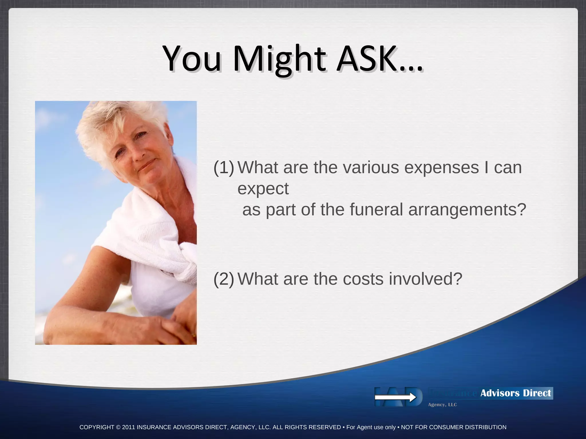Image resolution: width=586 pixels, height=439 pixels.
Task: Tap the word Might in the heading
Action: [x=279, y=59]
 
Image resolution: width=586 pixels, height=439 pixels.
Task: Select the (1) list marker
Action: [x=224, y=167]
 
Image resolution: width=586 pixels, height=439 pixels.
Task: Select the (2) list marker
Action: [x=224, y=279]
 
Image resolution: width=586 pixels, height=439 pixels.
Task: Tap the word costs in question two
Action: [x=363, y=279]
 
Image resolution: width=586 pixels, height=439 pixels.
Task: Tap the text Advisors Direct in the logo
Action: [x=515, y=393]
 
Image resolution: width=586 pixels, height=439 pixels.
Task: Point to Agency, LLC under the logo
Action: [x=442, y=405]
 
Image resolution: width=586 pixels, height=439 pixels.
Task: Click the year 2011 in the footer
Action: [x=128, y=427]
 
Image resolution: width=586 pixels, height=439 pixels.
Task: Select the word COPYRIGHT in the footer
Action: [x=97, y=427]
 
